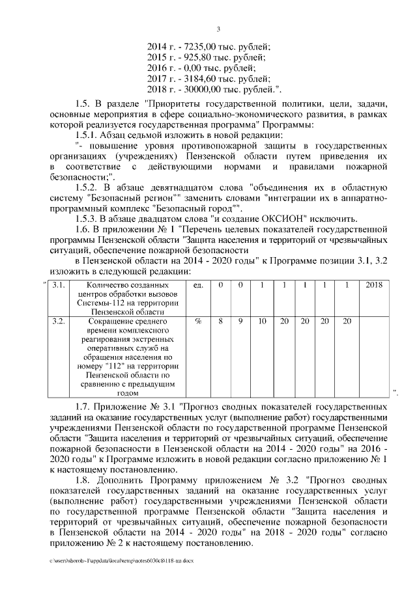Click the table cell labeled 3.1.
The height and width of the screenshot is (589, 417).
pyautogui.click(x=58, y=286)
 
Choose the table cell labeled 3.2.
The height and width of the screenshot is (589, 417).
pyautogui.click(x=58, y=322)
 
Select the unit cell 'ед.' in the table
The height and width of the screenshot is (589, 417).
pyautogui.click(x=199, y=286)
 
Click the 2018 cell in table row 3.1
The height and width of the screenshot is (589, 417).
pyautogui.click(x=375, y=286)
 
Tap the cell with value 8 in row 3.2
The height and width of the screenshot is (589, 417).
pyautogui.click(x=222, y=322)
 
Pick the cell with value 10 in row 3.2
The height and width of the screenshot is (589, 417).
pyautogui.click(x=262, y=322)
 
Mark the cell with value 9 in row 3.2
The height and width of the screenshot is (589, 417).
pyautogui.click(x=240, y=322)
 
